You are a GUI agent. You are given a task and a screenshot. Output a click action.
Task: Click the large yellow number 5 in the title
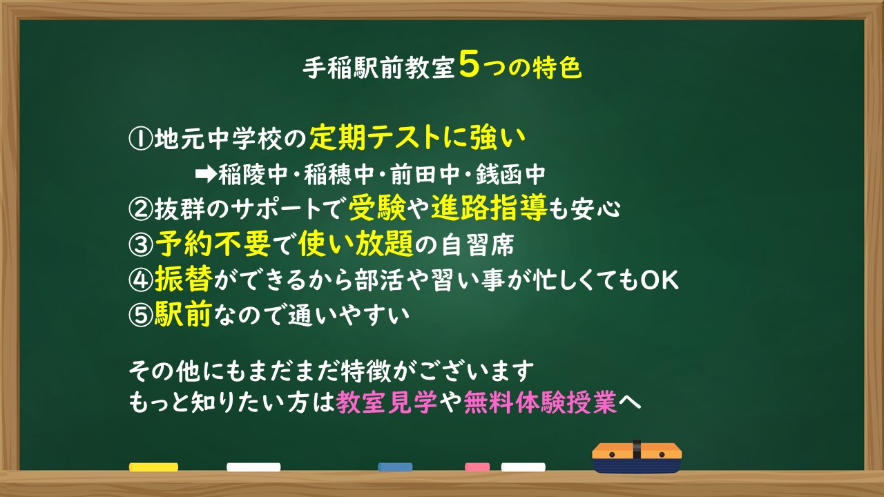point(469,64)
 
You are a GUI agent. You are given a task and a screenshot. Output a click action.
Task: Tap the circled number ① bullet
point(141,139)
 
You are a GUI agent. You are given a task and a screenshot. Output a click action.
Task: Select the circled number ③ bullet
point(141,244)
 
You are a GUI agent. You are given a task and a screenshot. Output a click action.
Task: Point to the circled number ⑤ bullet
point(141,315)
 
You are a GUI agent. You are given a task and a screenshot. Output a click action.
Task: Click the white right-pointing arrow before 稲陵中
point(206,174)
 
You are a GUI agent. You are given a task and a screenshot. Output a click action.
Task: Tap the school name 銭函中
point(510,174)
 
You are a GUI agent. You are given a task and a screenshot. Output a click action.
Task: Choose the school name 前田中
point(425,174)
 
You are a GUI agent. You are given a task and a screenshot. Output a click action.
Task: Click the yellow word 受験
point(377,208)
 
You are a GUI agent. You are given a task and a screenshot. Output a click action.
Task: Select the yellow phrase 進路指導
point(489,208)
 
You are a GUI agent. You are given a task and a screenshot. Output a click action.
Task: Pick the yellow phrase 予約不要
point(213,244)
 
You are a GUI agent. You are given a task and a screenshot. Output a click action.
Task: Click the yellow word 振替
point(184,278)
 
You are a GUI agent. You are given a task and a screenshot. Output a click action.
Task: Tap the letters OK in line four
point(659,280)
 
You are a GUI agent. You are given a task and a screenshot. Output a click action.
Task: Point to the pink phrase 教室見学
point(387,402)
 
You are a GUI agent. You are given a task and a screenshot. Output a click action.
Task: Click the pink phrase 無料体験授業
point(540,402)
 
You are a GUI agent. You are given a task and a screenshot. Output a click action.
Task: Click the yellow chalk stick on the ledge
point(153,467)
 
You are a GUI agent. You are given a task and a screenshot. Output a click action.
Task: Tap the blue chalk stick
point(395,467)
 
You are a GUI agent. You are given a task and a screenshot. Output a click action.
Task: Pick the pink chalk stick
point(477,467)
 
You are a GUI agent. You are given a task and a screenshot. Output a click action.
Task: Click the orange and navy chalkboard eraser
point(637,458)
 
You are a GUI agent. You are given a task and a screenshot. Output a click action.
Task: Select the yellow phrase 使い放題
point(356,244)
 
